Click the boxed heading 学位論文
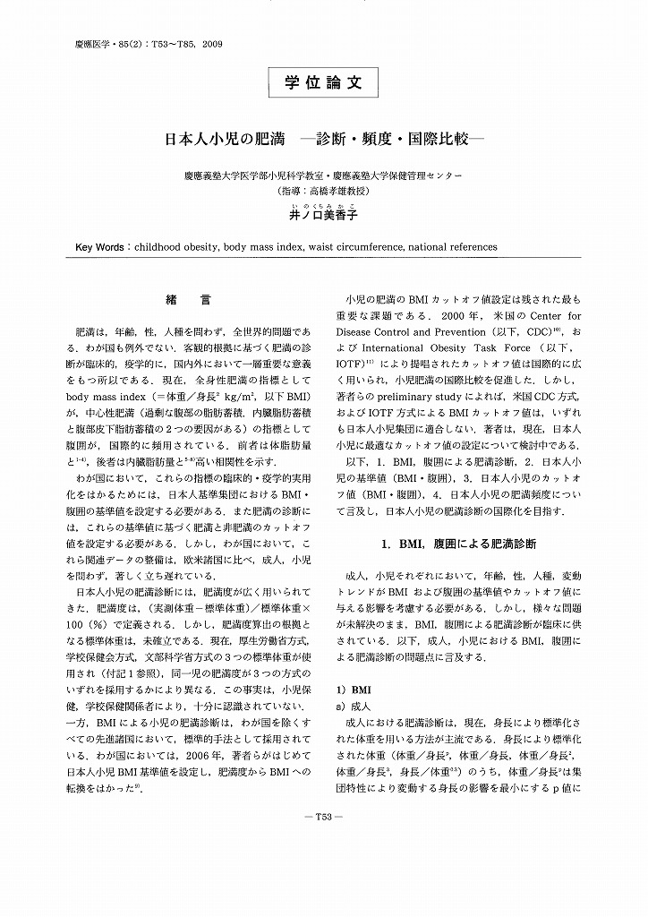pos(323,82)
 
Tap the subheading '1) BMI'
pos(346,691)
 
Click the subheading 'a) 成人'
pos(351,707)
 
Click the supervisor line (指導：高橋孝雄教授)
pos(323,191)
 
